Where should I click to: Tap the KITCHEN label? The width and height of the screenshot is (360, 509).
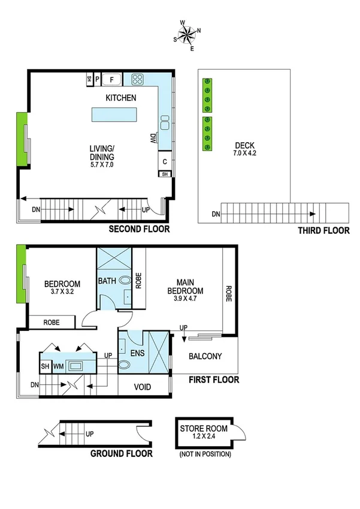tap(121, 98)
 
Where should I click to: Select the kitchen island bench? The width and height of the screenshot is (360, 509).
tap(113, 115)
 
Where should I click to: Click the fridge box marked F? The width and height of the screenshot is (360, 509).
tap(111, 79)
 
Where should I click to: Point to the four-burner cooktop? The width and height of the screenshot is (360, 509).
tap(137, 79)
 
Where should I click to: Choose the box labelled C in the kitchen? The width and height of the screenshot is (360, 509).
tap(164, 161)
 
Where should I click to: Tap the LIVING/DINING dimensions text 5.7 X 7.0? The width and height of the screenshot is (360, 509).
tap(101, 164)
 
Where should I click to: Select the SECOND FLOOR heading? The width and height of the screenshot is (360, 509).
tap(139, 229)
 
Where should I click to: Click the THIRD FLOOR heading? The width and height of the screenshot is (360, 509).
tap(323, 230)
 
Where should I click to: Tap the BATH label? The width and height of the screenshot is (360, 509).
tap(108, 280)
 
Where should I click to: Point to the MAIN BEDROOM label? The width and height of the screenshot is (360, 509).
tap(189, 287)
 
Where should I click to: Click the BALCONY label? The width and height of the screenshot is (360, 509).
tap(205, 356)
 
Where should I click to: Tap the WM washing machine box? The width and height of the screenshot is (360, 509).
tap(59, 366)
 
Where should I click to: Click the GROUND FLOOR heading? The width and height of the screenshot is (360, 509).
tap(121, 453)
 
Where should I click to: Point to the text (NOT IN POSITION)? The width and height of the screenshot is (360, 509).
tap(205, 454)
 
